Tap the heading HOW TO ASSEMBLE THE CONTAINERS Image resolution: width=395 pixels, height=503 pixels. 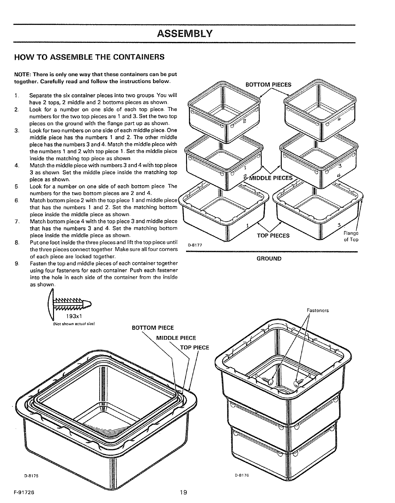(x=89, y=57)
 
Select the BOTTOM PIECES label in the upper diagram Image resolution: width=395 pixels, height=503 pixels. (x=269, y=85)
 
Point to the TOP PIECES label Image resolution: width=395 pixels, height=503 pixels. (x=273, y=235)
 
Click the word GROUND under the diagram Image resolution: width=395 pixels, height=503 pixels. (x=269, y=258)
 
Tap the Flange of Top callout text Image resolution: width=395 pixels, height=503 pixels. (x=351, y=237)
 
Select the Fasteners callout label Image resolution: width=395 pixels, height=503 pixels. (x=318, y=310)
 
